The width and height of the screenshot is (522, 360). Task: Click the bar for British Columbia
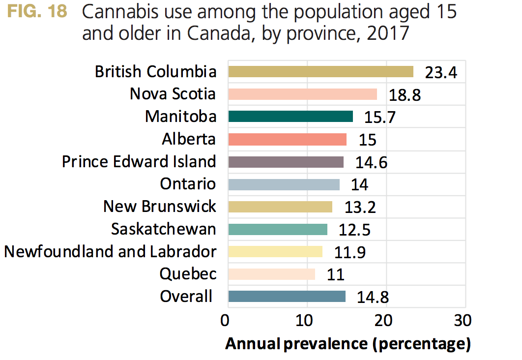(x=320, y=72)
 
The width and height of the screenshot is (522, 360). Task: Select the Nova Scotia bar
(x=302, y=94)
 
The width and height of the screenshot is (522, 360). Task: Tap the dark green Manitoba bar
(x=290, y=117)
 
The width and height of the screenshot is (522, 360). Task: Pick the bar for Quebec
(x=271, y=274)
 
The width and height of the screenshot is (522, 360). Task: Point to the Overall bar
(x=287, y=297)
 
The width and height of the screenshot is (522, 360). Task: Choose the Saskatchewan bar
(x=278, y=229)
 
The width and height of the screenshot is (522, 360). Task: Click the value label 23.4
(x=441, y=73)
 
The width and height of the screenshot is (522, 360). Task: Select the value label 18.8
(x=405, y=95)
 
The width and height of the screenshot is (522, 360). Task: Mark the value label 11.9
(x=349, y=253)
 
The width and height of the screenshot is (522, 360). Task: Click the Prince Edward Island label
(x=139, y=162)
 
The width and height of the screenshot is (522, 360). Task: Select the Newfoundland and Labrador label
(x=110, y=252)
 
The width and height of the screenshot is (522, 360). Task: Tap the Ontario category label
(x=188, y=184)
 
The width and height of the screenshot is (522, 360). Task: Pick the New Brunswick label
(x=159, y=207)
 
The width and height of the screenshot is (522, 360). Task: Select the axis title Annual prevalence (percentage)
(x=348, y=344)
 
